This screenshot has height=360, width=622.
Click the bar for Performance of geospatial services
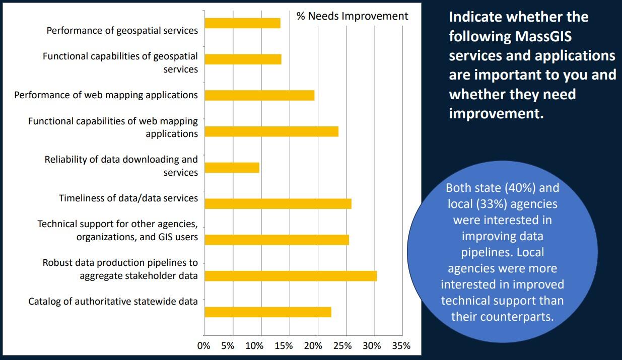(x=242, y=23)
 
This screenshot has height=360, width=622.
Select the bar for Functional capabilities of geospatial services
(x=243, y=59)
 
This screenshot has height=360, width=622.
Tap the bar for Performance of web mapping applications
(x=259, y=95)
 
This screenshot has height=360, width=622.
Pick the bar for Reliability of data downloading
(x=232, y=168)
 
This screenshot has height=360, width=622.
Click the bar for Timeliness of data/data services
(x=278, y=204)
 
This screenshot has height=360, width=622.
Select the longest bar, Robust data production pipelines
(x=291, y=276)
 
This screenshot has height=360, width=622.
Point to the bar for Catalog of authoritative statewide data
(x=268, y=312)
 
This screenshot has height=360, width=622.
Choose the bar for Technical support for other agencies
(x=277, y=240)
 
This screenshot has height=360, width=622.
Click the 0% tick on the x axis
(x=204, y=346)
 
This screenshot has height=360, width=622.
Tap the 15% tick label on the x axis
(x=284, y=346)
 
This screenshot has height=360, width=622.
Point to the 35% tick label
(x=401, y=346)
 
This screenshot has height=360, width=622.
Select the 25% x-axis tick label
(x=343, y=346)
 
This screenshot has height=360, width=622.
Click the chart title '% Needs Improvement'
(x=352, y=16)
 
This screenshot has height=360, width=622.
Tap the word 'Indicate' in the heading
(x=475, y=17)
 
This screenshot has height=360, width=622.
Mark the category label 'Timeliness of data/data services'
(x=128, y=198)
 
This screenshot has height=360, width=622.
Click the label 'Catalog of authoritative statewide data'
(x=113, y=302)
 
